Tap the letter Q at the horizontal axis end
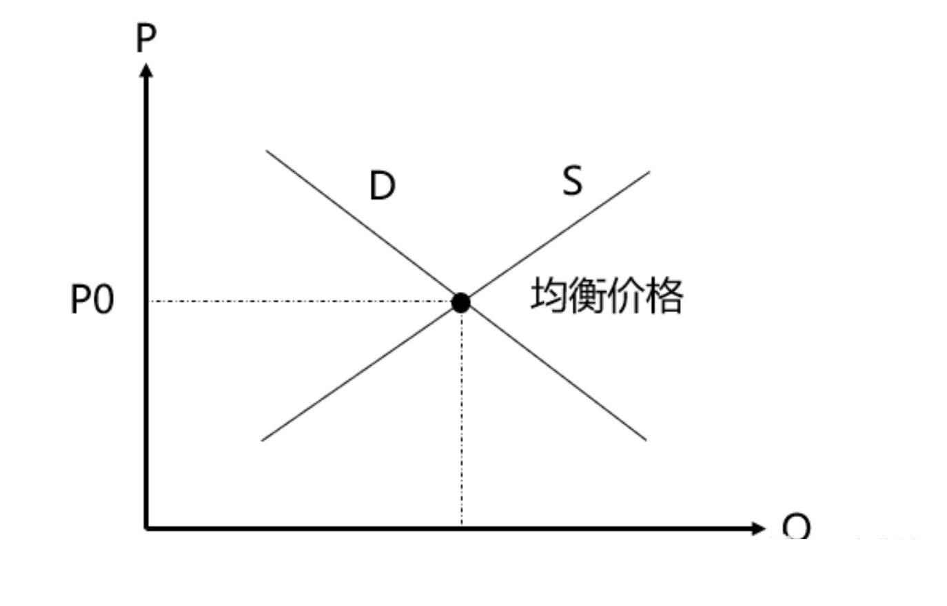point(796,527)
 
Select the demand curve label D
point(383,185)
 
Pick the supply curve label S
point(572,180)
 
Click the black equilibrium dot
point(460,302)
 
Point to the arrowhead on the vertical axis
point(145,70)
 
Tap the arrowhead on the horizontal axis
point(758,528)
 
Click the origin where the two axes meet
point(146,528)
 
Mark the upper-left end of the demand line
point(267,151)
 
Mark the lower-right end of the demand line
point(645,439)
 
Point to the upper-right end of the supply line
point(649,172)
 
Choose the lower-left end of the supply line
point(263,439)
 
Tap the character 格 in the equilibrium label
point(664,295)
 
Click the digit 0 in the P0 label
point(103,301)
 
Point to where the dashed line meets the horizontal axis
point(462,527)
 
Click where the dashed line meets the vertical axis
point(147,301)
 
